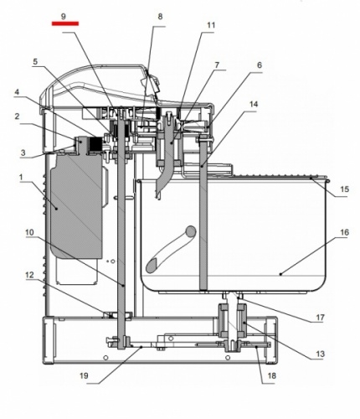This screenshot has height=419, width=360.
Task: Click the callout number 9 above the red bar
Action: click(x=64, y=16)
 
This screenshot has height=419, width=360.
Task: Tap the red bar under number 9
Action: click(x=65, y=23)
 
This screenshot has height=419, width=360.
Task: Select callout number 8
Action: click(x=160, y=16)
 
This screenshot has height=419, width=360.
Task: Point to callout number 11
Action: click(x=211, y=25)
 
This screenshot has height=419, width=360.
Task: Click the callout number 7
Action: click(x=217, y=65)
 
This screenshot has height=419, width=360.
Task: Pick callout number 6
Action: click(x=260, y=65)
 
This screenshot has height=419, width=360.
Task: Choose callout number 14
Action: click(x=254, y=104)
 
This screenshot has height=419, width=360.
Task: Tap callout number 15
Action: click(x=345, y=189)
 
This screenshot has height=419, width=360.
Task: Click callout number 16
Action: click(x=345, y=232)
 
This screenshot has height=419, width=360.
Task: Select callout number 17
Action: click(x=320, y=318)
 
